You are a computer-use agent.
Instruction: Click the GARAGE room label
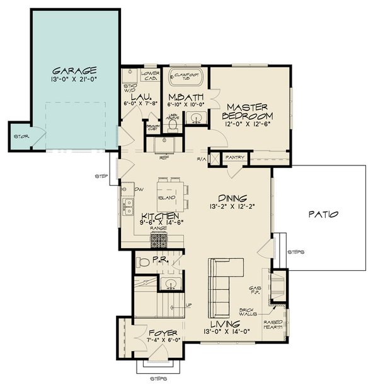[74, 71]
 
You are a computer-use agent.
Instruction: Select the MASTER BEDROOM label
[249, 112]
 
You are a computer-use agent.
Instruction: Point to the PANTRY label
[235, 157]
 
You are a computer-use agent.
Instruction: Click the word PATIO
[324, 214]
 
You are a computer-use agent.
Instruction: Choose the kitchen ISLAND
[167, 198]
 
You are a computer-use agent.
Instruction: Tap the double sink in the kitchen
[129, 206]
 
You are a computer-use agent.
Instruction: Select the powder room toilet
[143, 261]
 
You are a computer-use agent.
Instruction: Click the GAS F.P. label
[256, 288]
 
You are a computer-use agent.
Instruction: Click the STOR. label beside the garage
[19, 136]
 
